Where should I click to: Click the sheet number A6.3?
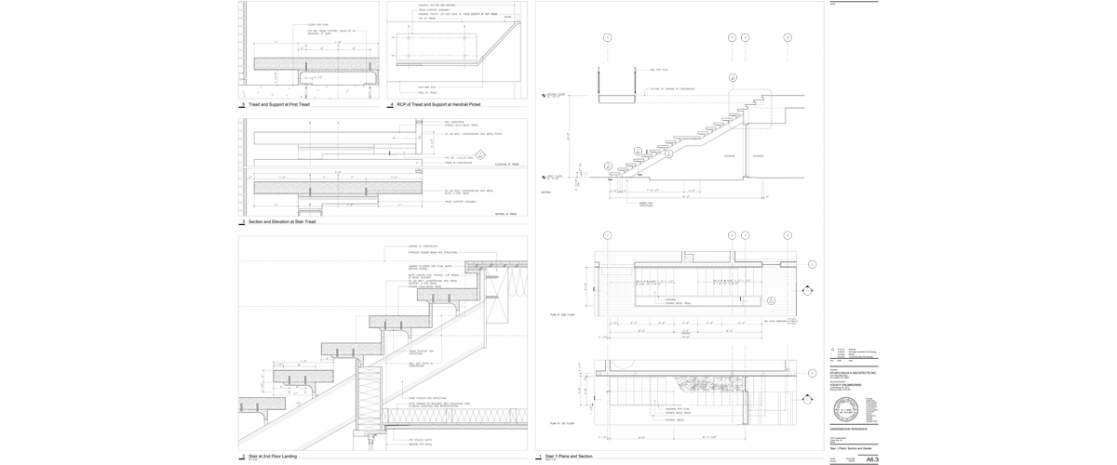tap(871, 459)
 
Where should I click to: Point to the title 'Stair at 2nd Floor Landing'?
tap(277, 456)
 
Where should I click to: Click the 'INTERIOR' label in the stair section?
tap(730, 155)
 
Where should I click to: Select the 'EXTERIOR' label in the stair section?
tap(758, 155)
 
